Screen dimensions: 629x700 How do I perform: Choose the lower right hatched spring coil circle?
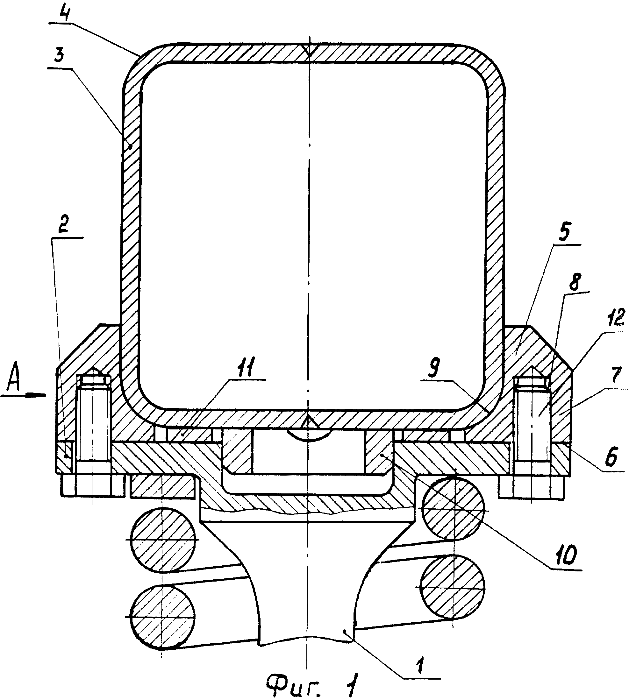453,587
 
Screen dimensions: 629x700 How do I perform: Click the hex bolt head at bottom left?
92,486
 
